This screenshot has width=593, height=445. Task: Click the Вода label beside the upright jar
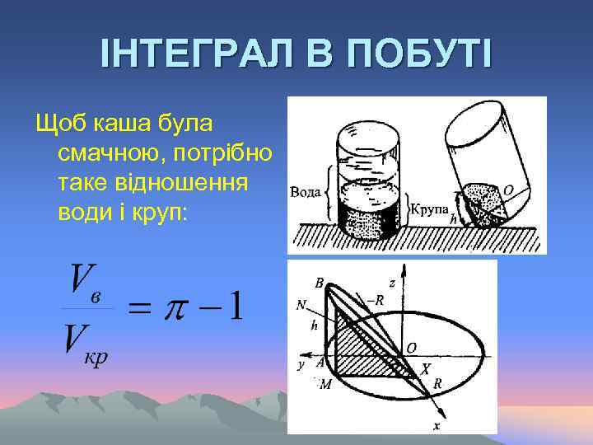point(306,192)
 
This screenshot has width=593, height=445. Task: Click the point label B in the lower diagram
point(320,282)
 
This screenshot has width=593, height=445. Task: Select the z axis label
point(392,283)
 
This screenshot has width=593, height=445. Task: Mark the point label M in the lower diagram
point(325,385)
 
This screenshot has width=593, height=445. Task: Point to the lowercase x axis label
point(436,426)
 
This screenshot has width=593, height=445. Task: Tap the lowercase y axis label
point(301,363)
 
